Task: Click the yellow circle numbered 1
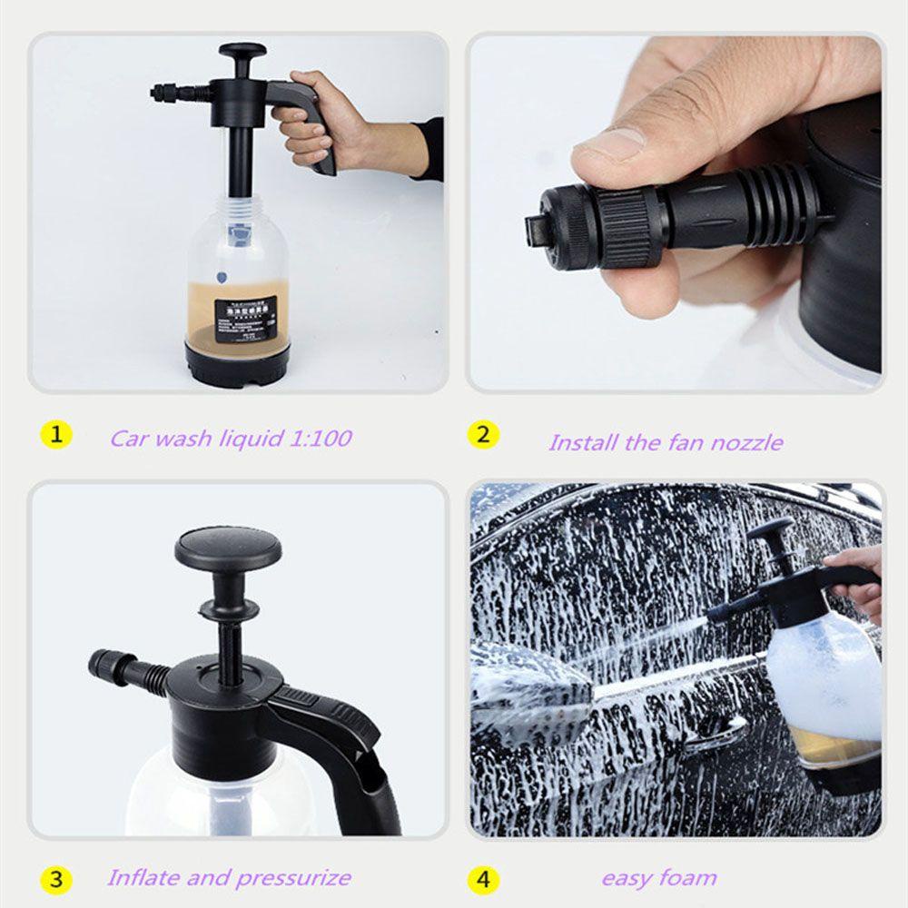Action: tap(55, 435)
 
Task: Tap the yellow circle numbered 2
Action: tap(482, 435)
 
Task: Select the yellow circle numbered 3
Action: tap(55, 879)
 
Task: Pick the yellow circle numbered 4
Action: tap(482, 879)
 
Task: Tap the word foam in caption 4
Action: tap(687, 878)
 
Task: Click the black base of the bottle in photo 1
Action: tap(237, 362)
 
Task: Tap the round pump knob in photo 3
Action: tap(228, 548)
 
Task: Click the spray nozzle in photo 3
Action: tap(113, 667)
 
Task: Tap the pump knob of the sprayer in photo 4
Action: tap(772, 529)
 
